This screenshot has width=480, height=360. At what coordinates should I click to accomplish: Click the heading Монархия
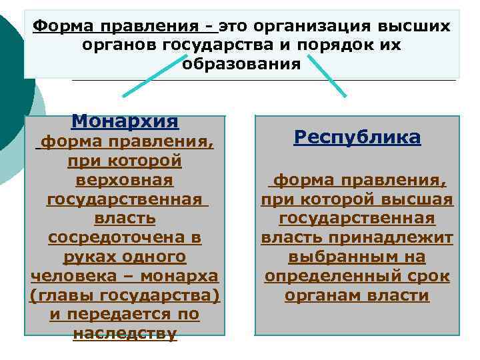pos(125,121)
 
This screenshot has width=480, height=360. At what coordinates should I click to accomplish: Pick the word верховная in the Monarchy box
pos(124,180)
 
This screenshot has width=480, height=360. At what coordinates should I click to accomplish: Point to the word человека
pos(69,276)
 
